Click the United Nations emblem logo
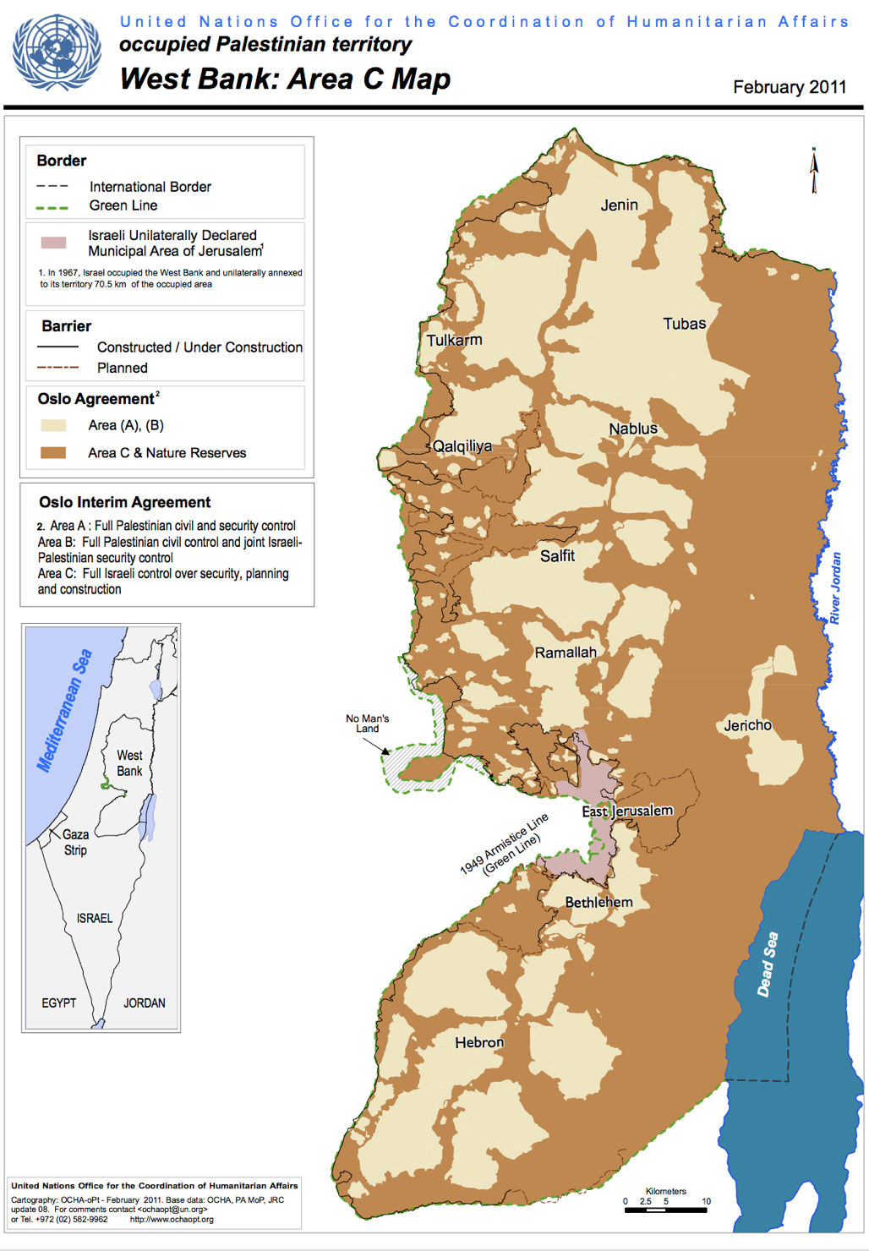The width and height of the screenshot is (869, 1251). (57, 52)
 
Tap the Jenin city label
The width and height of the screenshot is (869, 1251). (619, 205)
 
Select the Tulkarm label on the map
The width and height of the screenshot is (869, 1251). (454, 341)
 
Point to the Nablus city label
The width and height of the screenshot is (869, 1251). (633, 429)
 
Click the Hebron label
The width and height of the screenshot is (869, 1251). (479, 1043)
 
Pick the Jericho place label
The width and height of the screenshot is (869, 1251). (747, 725)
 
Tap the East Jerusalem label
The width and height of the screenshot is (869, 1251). (627, 811)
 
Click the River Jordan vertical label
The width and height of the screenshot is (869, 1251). (835, 588)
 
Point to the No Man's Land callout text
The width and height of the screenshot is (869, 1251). (367, 724)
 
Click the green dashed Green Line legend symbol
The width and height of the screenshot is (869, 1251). (52, 207)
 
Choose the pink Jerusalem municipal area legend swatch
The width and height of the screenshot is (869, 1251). (53, 243)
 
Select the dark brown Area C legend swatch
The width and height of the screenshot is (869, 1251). (53, 453)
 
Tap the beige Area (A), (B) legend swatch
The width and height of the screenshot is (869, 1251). (53, 425)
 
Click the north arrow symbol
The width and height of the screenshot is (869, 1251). (814, 171)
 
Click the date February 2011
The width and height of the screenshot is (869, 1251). (789, 88)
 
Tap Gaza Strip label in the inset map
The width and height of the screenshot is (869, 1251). (75, 842)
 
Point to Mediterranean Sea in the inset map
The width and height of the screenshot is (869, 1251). (63, 711)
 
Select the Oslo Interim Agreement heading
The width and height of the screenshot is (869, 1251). (124, 502)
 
